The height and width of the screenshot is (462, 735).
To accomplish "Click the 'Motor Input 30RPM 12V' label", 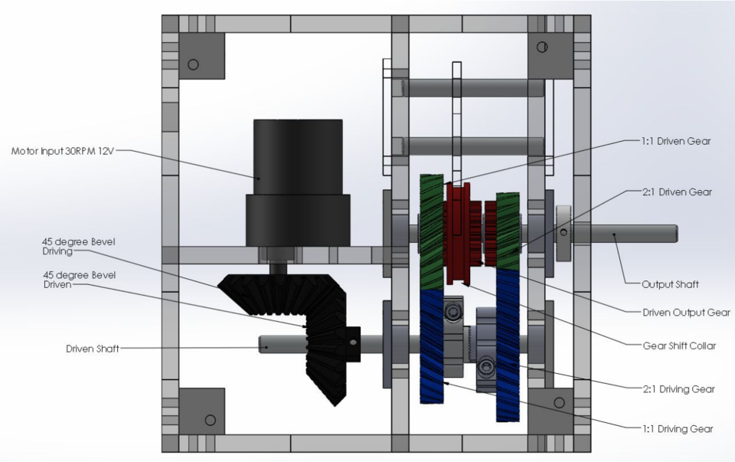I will (63, 151).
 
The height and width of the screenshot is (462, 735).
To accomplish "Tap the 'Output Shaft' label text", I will (670, 283).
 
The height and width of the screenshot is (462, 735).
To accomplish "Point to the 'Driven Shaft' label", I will (91, 349).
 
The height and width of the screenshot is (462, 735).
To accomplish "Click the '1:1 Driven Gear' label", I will (676, 141).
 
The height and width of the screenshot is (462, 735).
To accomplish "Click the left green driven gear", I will (431, 230).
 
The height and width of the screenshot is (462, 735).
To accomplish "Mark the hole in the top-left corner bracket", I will (193, 64).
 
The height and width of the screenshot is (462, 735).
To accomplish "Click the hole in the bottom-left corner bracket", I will (209, 420).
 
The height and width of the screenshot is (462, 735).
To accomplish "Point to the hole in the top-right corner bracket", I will (542, 48).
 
